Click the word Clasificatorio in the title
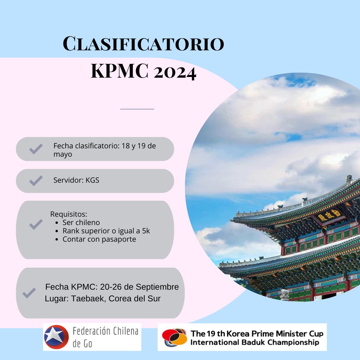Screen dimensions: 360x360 (143, 44)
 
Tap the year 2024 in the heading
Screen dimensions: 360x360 (175, 71)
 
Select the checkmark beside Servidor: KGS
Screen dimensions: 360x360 (36, 180)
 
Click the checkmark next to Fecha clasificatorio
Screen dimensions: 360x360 (36, 149)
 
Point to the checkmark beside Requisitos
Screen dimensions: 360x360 (36, 224)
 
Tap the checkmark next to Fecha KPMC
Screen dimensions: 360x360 (29, 293)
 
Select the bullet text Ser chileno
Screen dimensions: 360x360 (81, 222)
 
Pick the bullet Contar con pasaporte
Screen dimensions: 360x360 (99, 239)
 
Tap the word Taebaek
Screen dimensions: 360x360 (84, 299)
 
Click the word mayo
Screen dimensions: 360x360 (63, 154)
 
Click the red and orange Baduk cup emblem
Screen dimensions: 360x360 (174, 337)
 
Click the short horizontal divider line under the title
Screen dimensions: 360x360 (137, 109)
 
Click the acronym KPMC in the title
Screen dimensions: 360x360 (119, 71)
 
